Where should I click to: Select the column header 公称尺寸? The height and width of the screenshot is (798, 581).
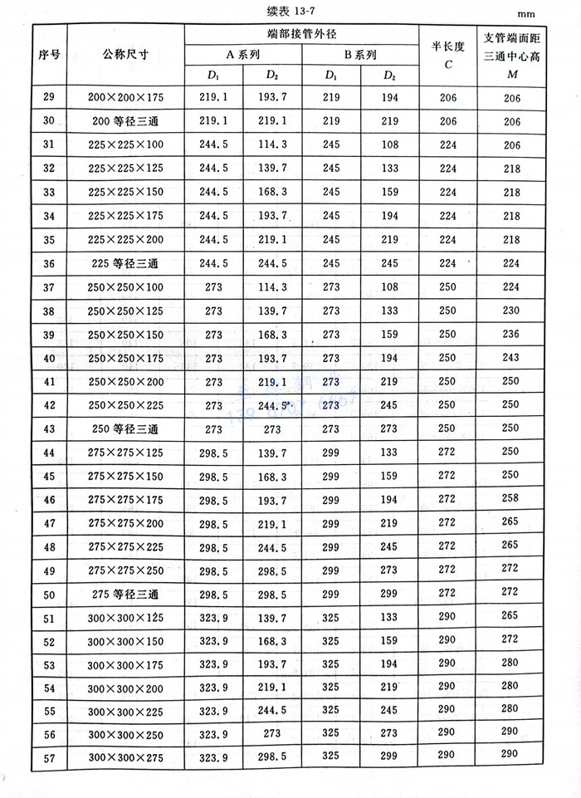click(125, 55)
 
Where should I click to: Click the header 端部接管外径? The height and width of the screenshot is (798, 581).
click(302, 33)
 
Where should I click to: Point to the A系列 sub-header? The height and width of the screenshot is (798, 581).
click(243, 55)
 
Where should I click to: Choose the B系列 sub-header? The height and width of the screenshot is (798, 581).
click(360, 55)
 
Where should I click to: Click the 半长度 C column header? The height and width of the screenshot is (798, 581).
click(447, 55)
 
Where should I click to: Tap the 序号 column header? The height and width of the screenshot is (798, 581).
click(49, 55)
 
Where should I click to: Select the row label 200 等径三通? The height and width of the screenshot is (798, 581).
click(125, 120)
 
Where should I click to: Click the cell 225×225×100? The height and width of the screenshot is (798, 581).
click(125, 144)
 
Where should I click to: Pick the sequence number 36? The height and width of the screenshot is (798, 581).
click(48, 264)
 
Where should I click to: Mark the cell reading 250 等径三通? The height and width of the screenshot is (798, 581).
click(125, 429)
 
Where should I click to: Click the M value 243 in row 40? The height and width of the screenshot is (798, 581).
click(510, 358)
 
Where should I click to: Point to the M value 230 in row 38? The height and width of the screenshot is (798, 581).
click(510, 311)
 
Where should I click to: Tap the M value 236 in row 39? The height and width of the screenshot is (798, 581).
click(510, 335)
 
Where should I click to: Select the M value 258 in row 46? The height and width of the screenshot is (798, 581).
click(510, 500)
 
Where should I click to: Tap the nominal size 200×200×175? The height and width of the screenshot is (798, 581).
click(125, 97)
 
